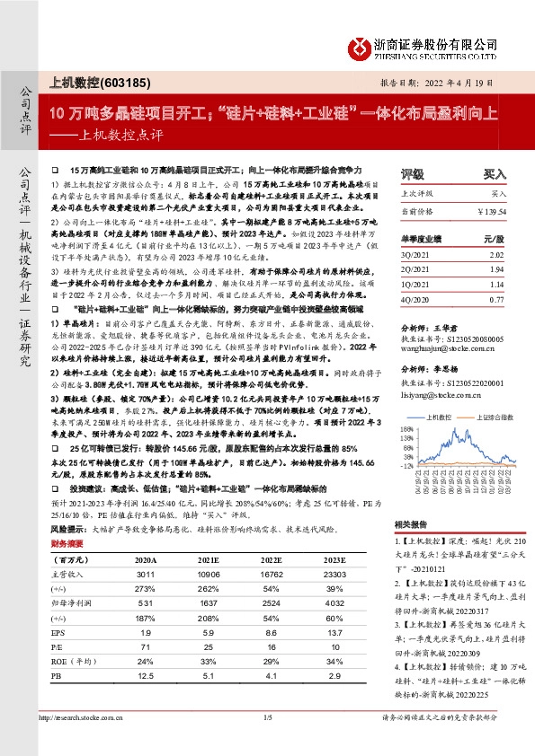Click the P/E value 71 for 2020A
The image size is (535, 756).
[x=146, y=646]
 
